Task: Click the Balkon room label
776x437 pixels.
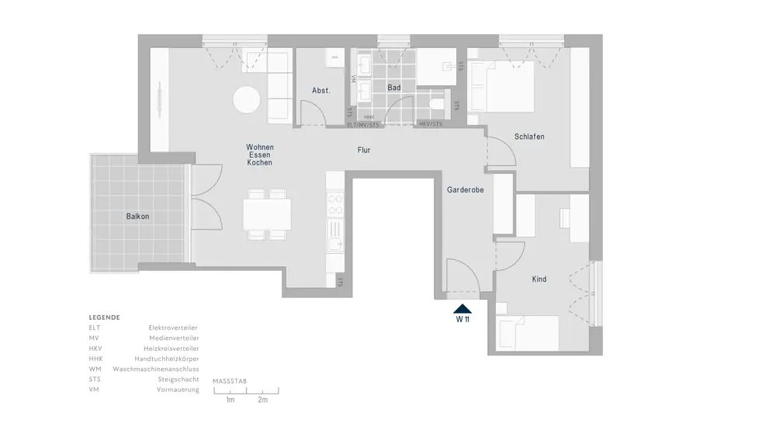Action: [x=137, y=217]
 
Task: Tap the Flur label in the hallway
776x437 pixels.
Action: [x=364, y=150]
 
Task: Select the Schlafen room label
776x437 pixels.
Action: [x=529, y=137]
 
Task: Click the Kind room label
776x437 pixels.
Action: [x=539, y=279]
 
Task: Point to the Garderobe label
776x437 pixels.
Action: [x=466, y=189]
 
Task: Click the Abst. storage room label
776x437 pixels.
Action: [x=321, y=91]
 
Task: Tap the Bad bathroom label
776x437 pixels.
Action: [x=394, y=88]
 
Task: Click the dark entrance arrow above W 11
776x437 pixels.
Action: [x=462, y=308]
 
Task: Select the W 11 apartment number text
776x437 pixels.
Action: [x=462, y=319]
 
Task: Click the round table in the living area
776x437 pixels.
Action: [x=248, y=99]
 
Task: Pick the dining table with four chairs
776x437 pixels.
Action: [x=267, y=214]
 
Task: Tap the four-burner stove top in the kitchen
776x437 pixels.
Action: [x=335, y=204]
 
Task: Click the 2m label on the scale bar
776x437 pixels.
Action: [x=262, y=400]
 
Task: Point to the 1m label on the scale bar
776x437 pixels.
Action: [x=230, y=400]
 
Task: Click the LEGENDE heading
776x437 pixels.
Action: [x=104, y=317]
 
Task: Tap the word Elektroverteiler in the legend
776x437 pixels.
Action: [x=174, y=328]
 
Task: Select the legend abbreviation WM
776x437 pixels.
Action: [x=94, y=369]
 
